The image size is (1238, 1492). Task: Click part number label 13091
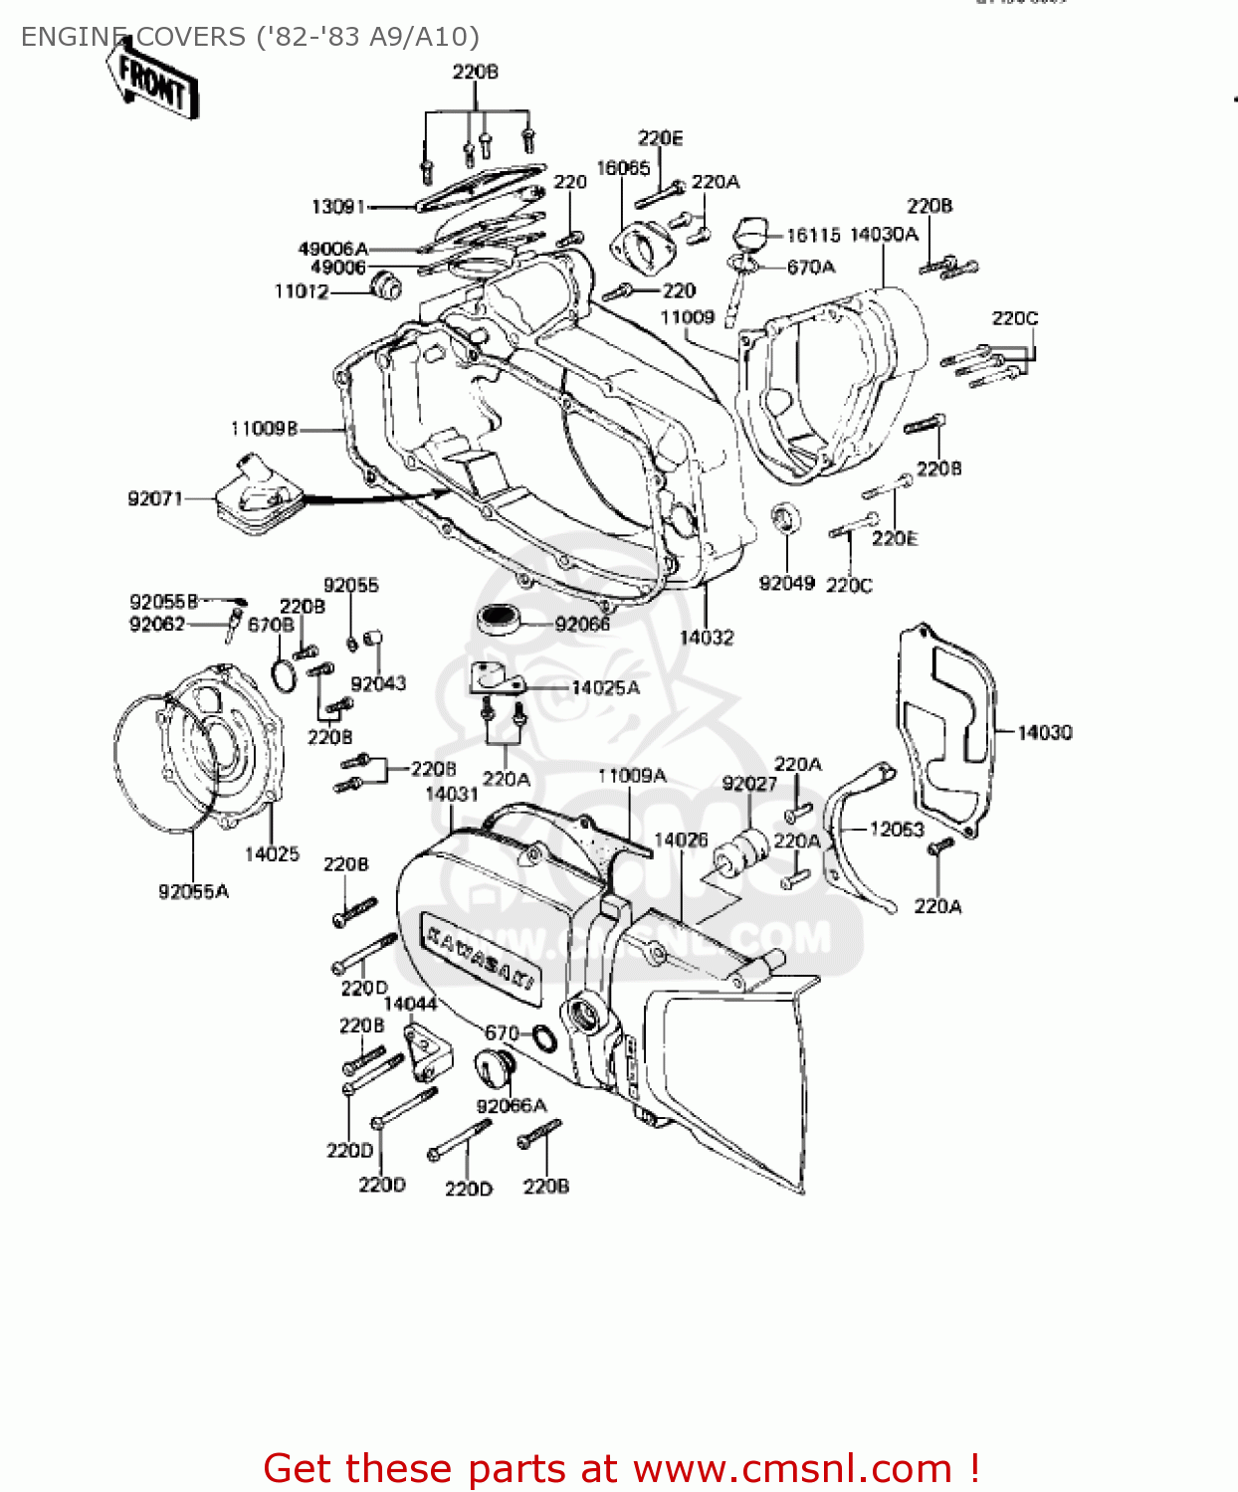pyautogui.click(x=338, y=207)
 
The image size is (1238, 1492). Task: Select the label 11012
pyautogui.click(x=302, y=291)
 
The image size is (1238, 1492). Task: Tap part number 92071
pyautogui.click(x=155, y=498)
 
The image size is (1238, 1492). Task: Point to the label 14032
pyautogui.click(x=707, y=637)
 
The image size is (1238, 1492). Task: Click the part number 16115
pyautogui.click(x=813, y=235)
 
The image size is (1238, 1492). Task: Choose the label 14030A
pyautogui.click(x=884, y=235)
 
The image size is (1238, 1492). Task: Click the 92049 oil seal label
pyautogui.click(x=786, y=583)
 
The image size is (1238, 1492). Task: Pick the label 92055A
pyautogui.click(x=193, y=891)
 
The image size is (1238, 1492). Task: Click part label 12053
pyautogui.click(x=896, y=829)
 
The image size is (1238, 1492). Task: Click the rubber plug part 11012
pyautogui.click(x=385, y=285)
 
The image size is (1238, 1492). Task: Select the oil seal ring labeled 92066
pyautogui.click(x=498, y=619)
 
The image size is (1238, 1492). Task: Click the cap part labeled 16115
pyautogui.click(x=748, y=236)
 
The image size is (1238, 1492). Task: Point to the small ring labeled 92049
pyautogui.click(x=785, y=518)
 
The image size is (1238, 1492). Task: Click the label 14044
pyautogui.click(x=410, y=1004)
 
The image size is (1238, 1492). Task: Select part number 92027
pyautogui.click(x=749, y=784)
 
